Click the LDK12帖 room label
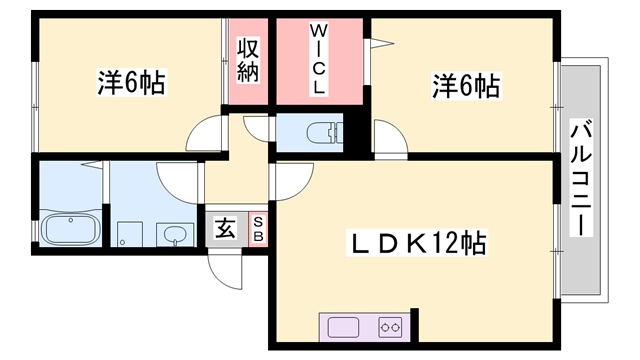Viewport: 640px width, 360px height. point(417,243)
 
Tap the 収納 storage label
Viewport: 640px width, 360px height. point(248,60)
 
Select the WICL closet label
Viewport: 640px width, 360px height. point(319,59)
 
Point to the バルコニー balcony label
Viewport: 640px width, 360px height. point(581,178)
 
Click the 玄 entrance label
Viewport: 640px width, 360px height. point(226,228)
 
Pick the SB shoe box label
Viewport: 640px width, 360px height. point(258,229)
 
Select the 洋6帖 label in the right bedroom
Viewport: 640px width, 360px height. point(467,86)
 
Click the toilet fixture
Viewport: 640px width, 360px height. point(325,133)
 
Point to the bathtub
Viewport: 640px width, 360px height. point(71,229)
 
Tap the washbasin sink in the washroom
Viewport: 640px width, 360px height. point(175,235)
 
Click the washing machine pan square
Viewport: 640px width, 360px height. point(130,234)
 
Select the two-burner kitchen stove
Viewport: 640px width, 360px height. point(390,327)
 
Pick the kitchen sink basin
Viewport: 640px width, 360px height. point(344,327)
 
